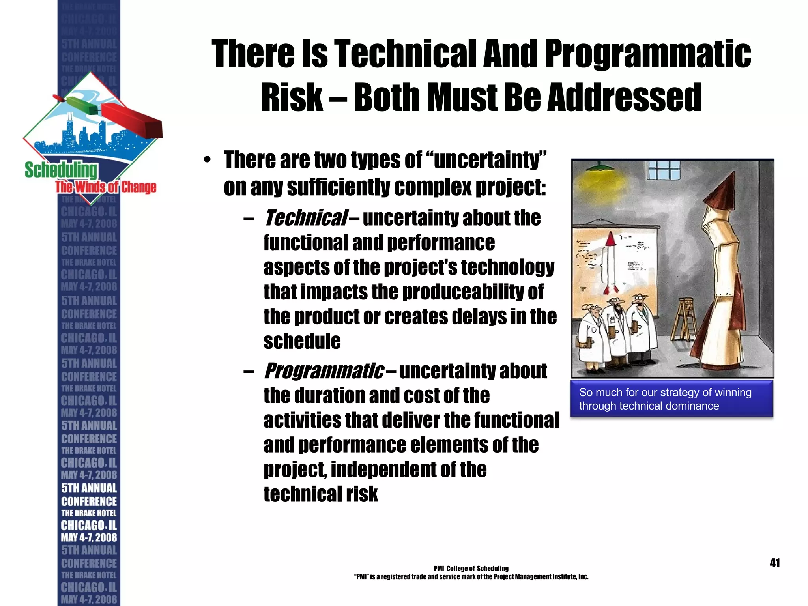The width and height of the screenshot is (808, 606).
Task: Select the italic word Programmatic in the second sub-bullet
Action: click(324, 371)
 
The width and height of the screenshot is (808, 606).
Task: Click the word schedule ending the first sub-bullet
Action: click(302, 341)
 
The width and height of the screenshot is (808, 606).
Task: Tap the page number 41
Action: click(774, 563)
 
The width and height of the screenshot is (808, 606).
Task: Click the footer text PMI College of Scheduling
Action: click(471, 569)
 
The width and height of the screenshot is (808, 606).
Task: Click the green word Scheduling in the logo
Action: click(61, 170)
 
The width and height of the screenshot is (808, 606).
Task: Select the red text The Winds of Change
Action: click(106, 187)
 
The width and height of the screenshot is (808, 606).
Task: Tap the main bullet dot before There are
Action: click(207, 161)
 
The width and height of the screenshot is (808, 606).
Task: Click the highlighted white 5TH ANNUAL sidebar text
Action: click(89, 488)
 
